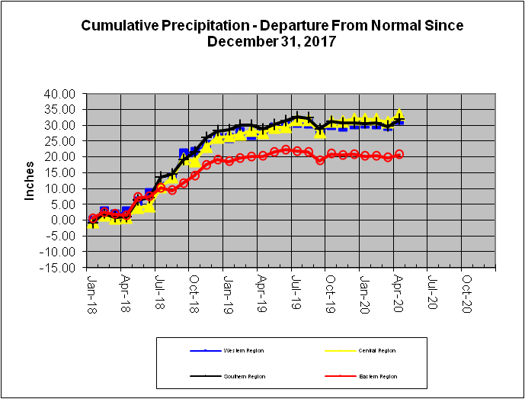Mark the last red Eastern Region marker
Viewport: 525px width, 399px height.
[399, 154]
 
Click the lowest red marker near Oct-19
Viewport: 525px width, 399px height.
[321, 160]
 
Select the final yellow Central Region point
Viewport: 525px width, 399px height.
[399, 114]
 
